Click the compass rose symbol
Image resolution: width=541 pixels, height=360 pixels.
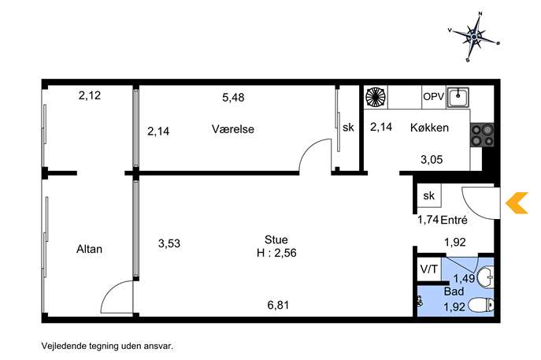(474, 36)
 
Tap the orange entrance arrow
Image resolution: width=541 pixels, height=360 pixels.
(517, 203)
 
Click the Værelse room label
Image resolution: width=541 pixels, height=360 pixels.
(233, 129)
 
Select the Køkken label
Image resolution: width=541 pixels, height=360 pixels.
(429, 128)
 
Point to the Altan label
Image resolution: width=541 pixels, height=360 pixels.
(89, 249)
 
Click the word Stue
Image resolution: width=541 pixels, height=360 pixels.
(276, 239)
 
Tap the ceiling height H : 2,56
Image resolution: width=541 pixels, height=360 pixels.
(276, 253)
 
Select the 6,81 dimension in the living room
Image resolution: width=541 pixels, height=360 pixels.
(278, 305)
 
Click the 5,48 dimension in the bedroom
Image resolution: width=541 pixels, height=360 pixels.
(233, 98)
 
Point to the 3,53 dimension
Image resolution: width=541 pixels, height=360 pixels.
(169, 243)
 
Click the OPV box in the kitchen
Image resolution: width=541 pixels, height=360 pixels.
(434, 97)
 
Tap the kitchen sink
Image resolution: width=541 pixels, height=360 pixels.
(458, 97)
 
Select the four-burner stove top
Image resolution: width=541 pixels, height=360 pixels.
(482, 135)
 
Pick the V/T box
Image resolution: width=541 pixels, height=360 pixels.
(429, 269)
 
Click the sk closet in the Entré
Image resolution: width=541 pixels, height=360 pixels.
(429, 195)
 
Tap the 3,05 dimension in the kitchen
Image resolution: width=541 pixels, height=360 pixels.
(432, 159)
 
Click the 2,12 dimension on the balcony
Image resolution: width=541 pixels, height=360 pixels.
(89, 95)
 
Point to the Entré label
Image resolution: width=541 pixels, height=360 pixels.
(454, 220)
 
